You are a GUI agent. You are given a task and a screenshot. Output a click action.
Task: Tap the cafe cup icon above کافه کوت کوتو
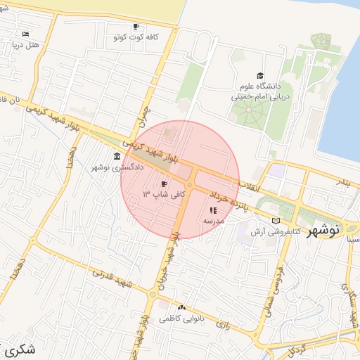click(x=135, y=25)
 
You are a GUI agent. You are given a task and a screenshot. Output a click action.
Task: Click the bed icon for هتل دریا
click(x=26, y=34)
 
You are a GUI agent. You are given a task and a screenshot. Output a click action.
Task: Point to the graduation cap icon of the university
click(x=261, y=76)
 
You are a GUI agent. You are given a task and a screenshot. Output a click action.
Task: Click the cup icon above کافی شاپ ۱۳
click(x=165, y=184)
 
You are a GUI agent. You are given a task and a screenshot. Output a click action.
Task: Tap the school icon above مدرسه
click(x=213, y=210)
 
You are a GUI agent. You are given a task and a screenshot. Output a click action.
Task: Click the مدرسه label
click(x=213, y=221)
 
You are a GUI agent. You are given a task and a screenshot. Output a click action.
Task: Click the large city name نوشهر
click(x=324, y=229)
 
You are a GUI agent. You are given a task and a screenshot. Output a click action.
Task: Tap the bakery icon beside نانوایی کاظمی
click(x=182, y=308)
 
